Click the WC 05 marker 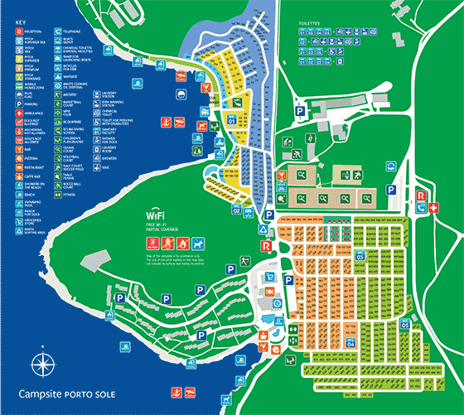405,325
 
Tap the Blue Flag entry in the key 17,94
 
